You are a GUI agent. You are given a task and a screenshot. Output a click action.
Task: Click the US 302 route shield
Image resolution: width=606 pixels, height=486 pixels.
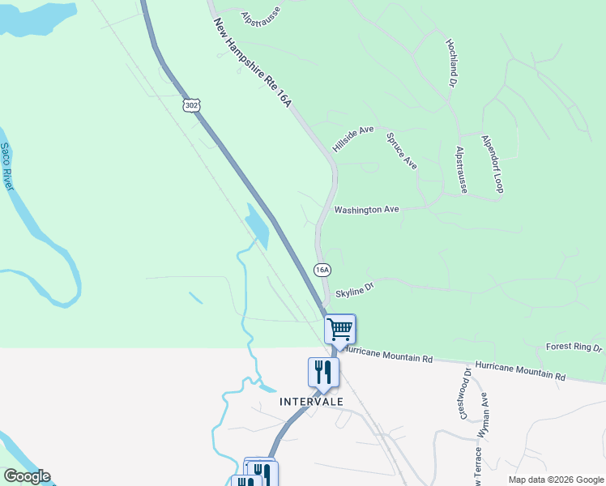[x=191, y=105]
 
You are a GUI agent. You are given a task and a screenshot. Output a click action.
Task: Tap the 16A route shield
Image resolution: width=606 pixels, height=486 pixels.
[x=322, y=269]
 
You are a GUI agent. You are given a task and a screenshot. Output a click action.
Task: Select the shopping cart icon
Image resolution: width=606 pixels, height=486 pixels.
[x=340, y=329]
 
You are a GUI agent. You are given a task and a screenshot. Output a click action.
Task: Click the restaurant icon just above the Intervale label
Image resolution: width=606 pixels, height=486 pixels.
[x=323, y=372]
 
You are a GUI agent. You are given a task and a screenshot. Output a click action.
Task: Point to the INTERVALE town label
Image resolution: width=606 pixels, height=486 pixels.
[x=312, y=402]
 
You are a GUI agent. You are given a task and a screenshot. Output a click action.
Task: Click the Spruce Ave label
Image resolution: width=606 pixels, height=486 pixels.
[x=402, y=151]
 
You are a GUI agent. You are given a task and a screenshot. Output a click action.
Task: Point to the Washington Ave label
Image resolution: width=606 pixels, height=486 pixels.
[x=367, y=210]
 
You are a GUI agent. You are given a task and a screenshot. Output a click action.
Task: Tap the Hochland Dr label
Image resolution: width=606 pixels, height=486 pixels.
[x=452, y=62]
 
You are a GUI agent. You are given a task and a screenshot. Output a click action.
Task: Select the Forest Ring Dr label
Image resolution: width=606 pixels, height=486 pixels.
[x=574, y=347]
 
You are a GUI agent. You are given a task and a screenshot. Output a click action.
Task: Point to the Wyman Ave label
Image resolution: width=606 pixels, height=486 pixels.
[x=483, y=416]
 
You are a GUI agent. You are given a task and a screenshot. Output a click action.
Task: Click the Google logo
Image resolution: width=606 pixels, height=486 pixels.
[x=27, y=476]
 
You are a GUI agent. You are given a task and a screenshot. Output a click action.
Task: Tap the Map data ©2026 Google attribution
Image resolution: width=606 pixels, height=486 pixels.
[x=556, y=480]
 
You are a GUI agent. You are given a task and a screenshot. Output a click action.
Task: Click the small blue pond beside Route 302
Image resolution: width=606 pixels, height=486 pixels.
[x=257, y=226]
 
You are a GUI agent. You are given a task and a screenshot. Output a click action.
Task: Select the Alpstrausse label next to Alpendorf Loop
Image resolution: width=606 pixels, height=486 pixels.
[x=461, y=170]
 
